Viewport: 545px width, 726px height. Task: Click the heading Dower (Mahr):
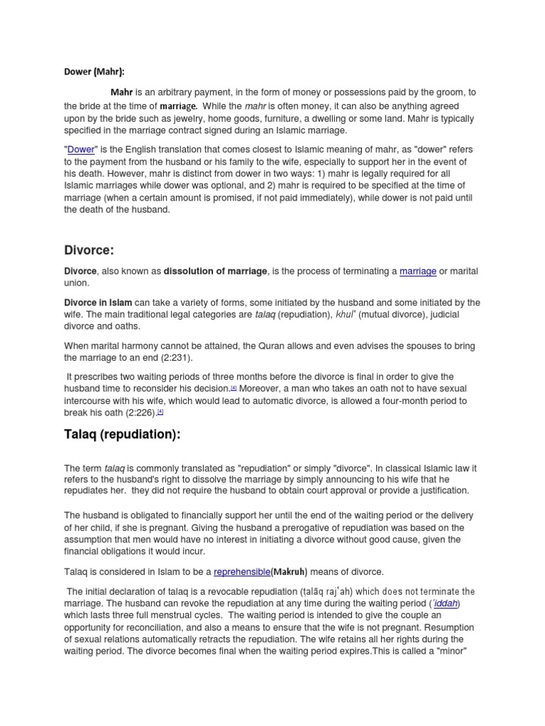tap(94, 71)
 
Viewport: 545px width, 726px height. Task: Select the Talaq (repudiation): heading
tap(122, 434)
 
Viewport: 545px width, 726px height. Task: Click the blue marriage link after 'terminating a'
tap(418, 271)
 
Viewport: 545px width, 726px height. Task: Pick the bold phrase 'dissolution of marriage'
tap(216, 271)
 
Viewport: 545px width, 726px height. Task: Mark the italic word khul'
tap(344, 314)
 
